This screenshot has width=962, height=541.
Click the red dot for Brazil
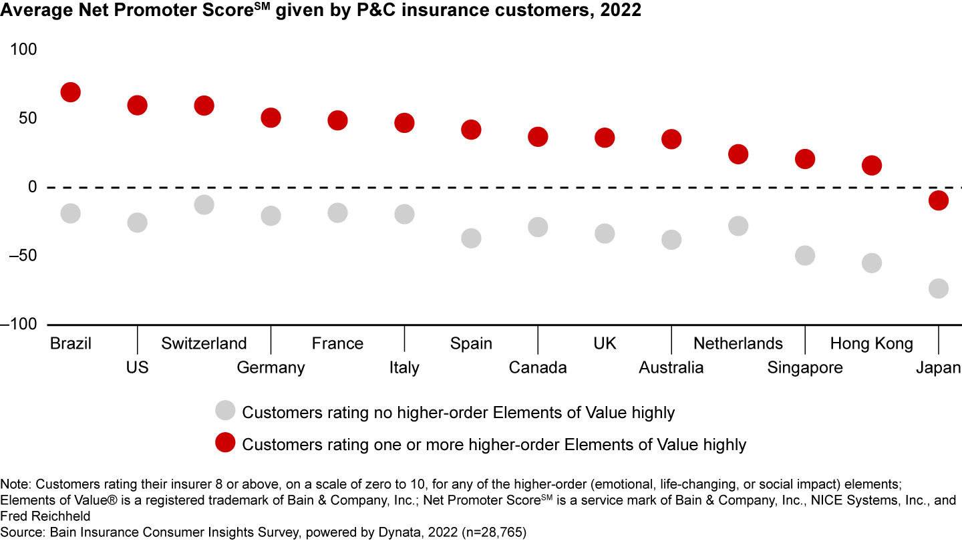pos(70,92)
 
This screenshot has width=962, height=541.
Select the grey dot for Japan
pos(939,289)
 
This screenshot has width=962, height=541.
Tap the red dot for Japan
pos(939,200)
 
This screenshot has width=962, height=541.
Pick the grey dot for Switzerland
pos(204,204)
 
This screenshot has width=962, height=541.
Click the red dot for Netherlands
pos(738,154)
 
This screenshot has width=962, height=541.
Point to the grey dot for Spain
pos(471,238)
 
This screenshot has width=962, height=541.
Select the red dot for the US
pos(137,106)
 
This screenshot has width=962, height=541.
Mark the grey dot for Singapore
pos(805,256)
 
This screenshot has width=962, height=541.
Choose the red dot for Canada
pos(538,137)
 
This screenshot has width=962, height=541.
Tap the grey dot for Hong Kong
pos(872,262)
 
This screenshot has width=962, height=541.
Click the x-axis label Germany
pos(271,367)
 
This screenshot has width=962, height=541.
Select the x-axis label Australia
pos(671,367)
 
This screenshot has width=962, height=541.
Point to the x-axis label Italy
pos(404,367)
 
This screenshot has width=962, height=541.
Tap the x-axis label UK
pos(605,343)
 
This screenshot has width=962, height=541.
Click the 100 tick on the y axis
pos(24,49)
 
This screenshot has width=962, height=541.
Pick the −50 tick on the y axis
pos(21,255)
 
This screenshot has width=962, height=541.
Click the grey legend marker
pos(226,411)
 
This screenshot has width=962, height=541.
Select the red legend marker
pos(226,443)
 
